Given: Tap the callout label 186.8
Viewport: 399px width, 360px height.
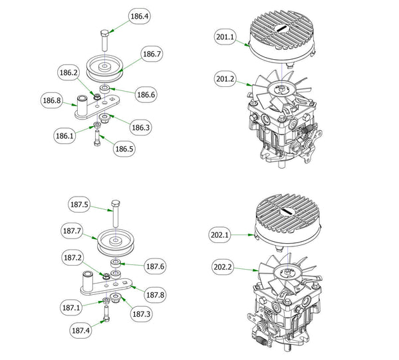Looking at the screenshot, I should [53, 101].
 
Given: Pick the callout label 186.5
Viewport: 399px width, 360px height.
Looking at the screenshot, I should [124, 149].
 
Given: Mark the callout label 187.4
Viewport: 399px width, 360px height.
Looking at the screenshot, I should [82, 329].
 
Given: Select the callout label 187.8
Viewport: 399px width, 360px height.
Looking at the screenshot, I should [155, 294].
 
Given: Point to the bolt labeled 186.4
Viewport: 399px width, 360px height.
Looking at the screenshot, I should [105, 43].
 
